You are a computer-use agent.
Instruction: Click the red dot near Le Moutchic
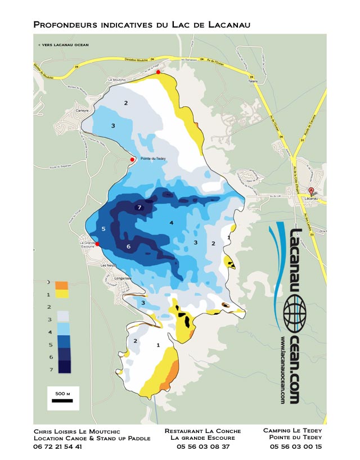158,72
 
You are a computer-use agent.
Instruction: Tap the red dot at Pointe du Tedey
132,160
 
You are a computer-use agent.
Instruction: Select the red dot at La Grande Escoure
97,244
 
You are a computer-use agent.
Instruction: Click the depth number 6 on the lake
128,247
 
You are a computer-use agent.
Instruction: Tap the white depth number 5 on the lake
103,229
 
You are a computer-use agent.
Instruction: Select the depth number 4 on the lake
171,223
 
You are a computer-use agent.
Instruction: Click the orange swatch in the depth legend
61,285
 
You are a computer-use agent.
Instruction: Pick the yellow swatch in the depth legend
61,294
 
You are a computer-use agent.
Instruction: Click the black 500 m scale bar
62,401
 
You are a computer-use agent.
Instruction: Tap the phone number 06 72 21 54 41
58,447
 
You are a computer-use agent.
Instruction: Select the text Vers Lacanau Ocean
63,44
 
